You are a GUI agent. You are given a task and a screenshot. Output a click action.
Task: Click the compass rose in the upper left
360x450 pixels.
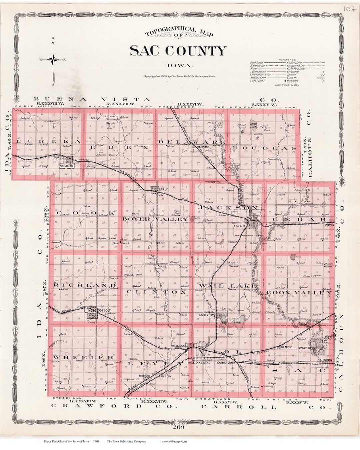[x=53, y=60]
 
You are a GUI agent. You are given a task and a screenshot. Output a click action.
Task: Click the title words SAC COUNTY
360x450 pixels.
[x=178, y=51]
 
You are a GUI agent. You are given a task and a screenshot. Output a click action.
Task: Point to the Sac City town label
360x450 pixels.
[x=240, y=226]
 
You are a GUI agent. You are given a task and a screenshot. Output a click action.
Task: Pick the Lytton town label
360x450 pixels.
[x=329, y=226]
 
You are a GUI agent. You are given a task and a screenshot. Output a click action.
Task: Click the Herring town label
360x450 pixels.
[x=145, y=376]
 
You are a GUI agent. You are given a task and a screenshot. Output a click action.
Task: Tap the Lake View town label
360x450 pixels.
[x=207, y=315]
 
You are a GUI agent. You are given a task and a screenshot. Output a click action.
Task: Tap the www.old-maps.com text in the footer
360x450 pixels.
[x=174, y=441]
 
